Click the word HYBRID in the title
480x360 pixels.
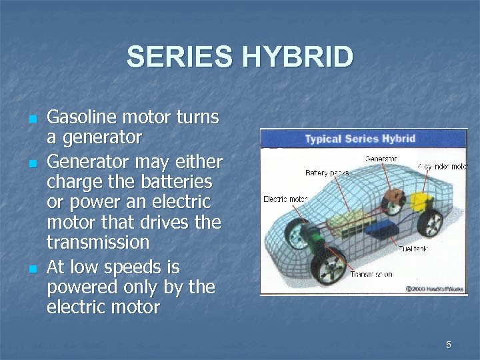click(297, 57)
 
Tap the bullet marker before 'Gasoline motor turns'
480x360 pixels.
click(32, 119)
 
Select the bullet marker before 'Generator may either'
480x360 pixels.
click(32, 163)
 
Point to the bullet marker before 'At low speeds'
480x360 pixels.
click(32, 269)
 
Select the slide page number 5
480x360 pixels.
click(449, 345)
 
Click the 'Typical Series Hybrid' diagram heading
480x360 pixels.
click(360, 139)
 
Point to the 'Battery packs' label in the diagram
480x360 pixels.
click(327, 173)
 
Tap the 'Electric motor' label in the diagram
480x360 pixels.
click(284, 199)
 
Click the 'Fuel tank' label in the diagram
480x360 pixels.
click(413, 248)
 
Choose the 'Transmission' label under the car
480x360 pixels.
click(371, 274)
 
